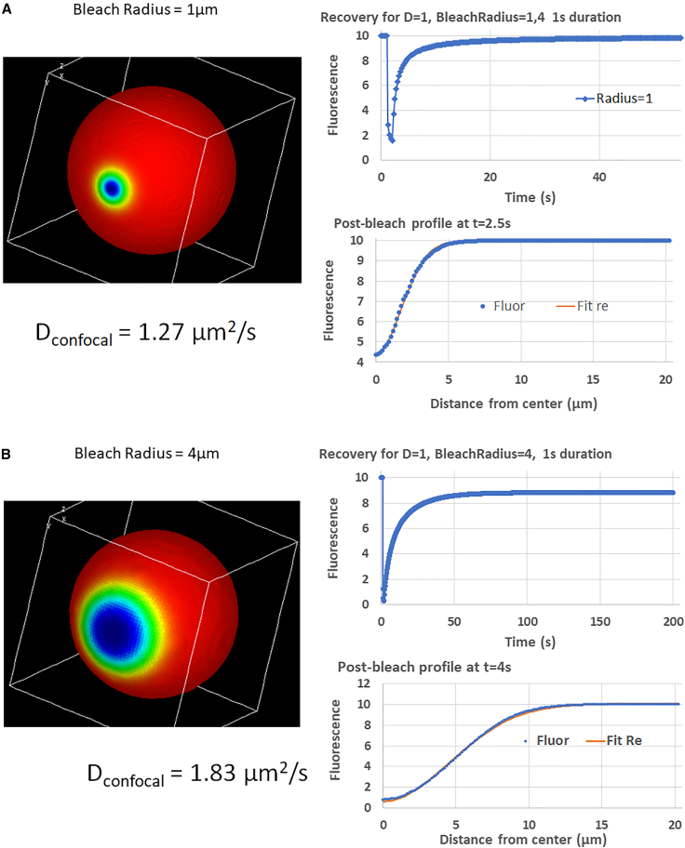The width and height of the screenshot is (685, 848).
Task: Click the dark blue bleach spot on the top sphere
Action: click(x=113, y=189)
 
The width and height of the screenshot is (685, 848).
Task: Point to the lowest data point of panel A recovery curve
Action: click(x=393, y=140)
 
